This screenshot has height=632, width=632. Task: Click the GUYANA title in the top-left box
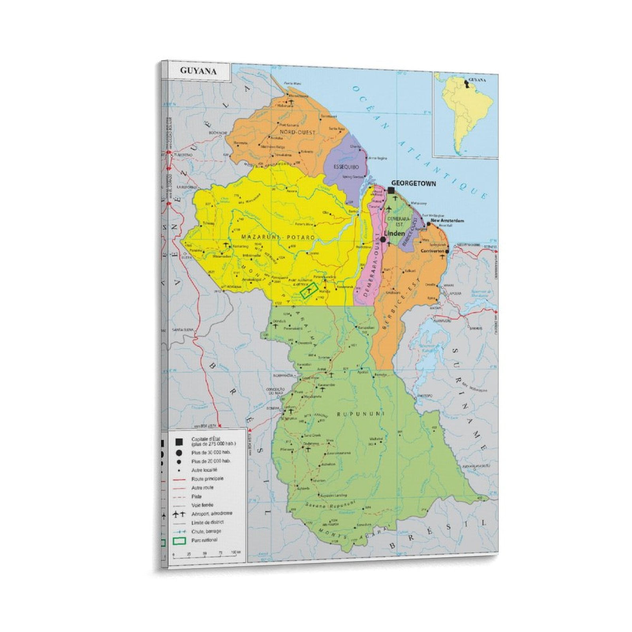198,71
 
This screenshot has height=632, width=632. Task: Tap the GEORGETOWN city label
414,183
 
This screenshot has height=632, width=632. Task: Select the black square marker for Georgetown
391,190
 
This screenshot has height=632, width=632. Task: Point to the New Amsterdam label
447,221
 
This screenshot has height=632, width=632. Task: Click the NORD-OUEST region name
297,132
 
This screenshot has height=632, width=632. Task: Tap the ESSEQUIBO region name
346,167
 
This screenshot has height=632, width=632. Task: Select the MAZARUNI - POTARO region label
278,237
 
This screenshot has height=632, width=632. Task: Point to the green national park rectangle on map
309,291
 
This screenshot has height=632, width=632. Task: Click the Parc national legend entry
204,540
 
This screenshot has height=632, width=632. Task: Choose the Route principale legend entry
207,479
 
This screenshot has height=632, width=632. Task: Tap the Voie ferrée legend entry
202,505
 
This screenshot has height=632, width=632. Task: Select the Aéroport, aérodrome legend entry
212,513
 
